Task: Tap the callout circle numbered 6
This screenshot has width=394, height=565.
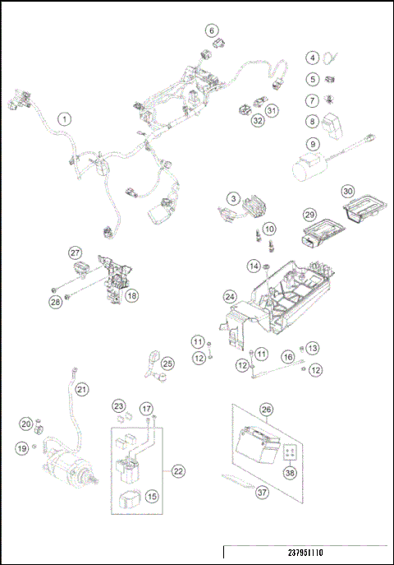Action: tap(212, 31)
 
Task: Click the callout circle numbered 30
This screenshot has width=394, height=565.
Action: tap(348, 191)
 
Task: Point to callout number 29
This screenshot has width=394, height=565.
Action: tap(310, 214)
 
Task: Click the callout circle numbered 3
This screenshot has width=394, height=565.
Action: tap(234, 199)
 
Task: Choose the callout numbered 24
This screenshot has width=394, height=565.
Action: tap(231, 296)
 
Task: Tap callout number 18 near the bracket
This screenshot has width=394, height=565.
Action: tap(131, 295)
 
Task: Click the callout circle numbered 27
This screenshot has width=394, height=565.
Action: tap(75, 252)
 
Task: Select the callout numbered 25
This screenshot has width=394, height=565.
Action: tap(167, 364)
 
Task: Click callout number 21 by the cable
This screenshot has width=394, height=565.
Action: tap(81, 389)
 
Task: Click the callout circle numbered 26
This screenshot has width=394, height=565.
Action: tap(266, 409)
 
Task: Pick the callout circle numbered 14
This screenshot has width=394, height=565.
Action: tap(254, 266)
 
